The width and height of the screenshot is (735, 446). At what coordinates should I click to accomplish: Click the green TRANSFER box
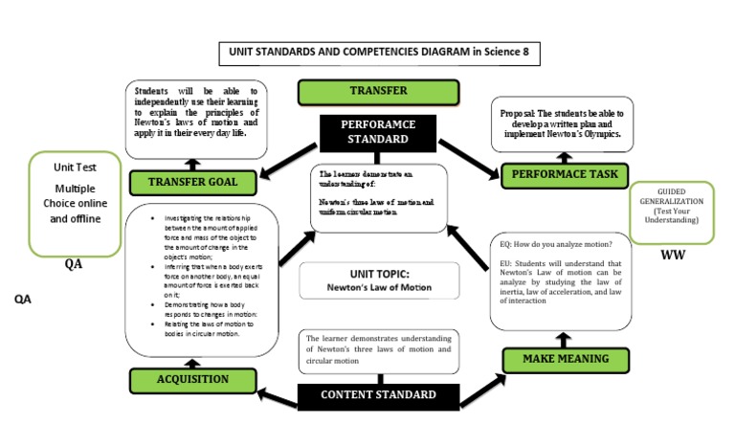pyautogui.click(x=351, y=92)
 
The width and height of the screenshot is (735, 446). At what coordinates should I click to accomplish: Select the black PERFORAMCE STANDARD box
pyautogui.click(x=379, y=132)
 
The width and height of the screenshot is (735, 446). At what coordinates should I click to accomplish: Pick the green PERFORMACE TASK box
pyautogui.click(x=565, y=174)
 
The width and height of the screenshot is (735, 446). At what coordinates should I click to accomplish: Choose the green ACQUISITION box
pyautogui.click(x=193, y=380)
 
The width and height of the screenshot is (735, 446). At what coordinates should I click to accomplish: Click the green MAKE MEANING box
pyautogui.click(x=565, y=360)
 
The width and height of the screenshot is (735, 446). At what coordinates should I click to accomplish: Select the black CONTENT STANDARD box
pyautogui.click(x=378, y=395)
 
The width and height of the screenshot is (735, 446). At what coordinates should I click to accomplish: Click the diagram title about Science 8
pyautogui.click(x=380, y=54)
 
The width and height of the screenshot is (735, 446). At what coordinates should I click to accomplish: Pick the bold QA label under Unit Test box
pyautogui.click(x=74, y=264)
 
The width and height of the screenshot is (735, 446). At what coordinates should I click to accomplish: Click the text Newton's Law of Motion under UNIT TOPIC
pyautogui.click(x=368, y=286)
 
